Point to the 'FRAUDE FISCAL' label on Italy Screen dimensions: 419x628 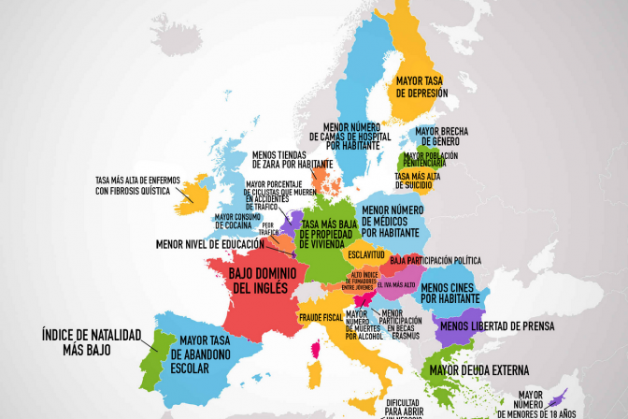pyautogui.click(x=322, y=318)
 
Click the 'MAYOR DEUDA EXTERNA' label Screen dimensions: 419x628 pyautogui.click(x=478, y=369)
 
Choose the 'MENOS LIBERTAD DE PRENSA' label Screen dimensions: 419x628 pyautogui.click(x=496, y=325)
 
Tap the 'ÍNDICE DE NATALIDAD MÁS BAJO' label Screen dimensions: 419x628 pyautogui.click(x=90, y=340)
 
